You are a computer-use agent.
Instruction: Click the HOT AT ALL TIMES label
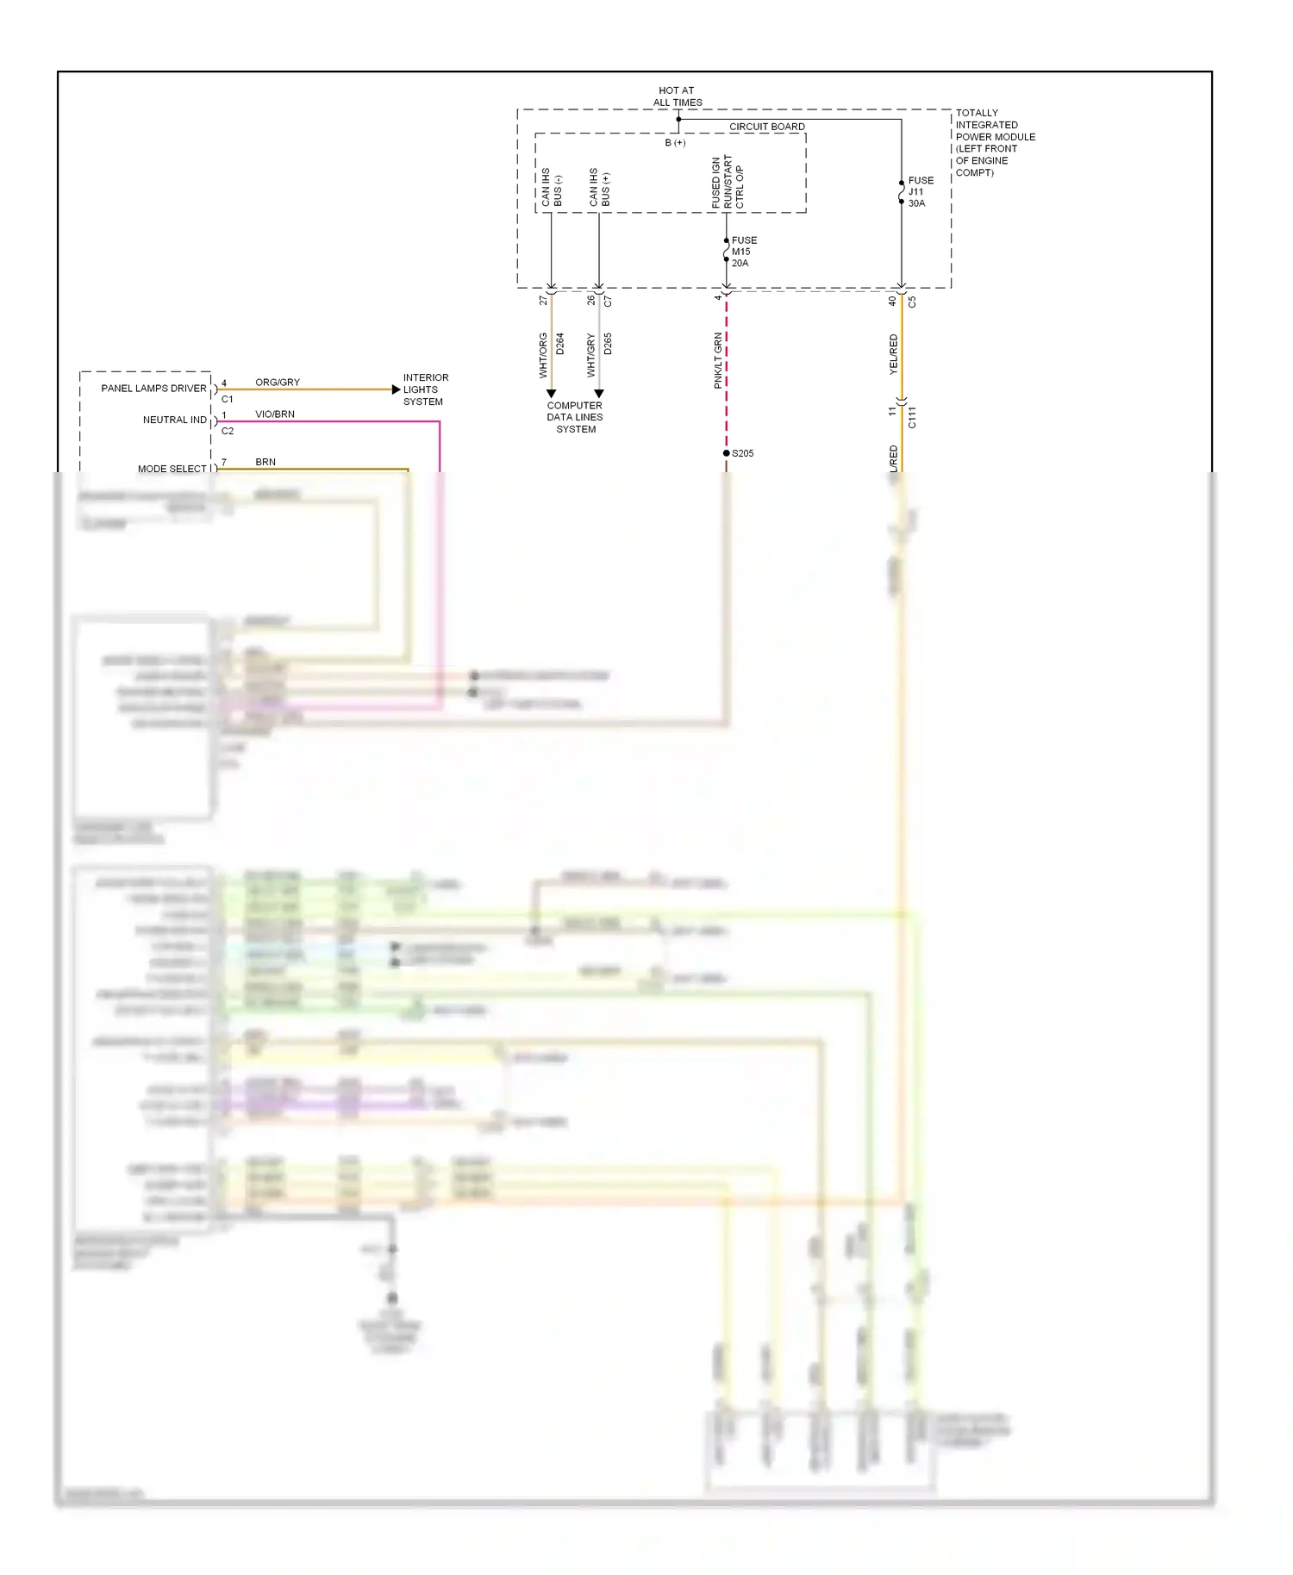(678, 96)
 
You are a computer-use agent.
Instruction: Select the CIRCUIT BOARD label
(766, 127)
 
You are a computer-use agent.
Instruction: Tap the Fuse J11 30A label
(920, 192)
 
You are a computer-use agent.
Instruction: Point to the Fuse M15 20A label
(743, 252)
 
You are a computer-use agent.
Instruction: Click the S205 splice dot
(727, 453)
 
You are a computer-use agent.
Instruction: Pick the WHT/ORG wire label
(543, 355)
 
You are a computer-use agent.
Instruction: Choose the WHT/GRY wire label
(591, 355)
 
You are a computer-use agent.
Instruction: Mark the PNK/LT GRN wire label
(718, 360)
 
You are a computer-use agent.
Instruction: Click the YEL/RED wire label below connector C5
(894, 353)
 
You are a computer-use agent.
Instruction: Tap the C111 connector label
(912, 417)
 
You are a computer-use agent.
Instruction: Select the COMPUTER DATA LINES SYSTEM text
(575, 417)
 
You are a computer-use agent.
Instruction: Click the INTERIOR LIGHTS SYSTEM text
(425, 389)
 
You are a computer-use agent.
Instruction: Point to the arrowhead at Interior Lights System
(397, 389)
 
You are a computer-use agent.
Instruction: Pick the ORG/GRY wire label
(278, 383)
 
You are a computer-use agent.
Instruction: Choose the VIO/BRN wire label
(275, 414)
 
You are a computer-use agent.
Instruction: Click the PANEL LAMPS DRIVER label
(153, 389)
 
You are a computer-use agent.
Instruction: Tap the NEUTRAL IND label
(174, 420)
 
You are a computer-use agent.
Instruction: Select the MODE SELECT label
(172, 469)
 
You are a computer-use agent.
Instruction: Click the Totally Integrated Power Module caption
(995, 142)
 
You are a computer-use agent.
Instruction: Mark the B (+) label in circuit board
(675, 143)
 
